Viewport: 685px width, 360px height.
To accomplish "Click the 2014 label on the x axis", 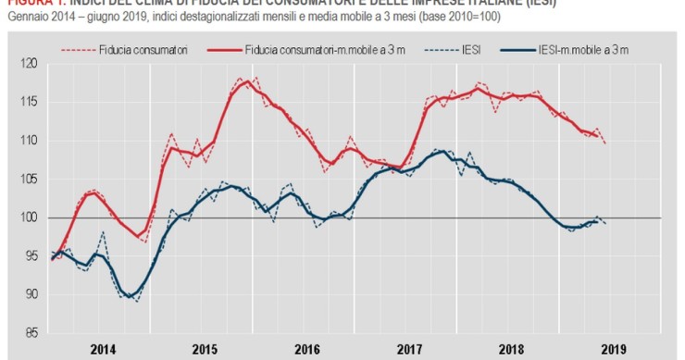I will tap(103, 350).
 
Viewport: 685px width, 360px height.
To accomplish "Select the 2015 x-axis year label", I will tap(205, 350).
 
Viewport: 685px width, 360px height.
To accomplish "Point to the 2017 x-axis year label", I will tap(408, 350).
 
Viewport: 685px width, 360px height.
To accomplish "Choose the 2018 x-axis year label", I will tap(510, 350).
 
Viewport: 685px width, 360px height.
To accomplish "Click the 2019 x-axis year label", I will tap(612, 350).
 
